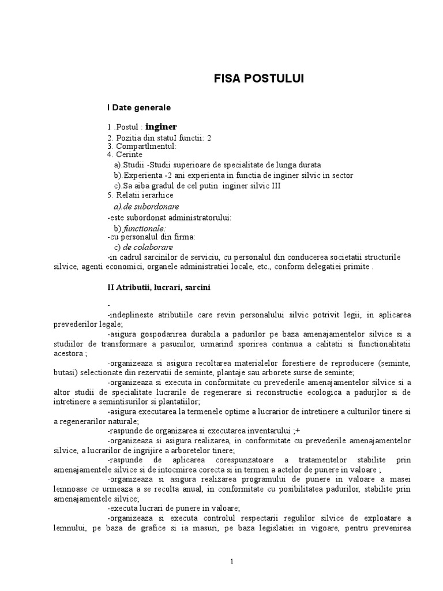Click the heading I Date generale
[138, 107]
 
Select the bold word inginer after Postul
[161, 126]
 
